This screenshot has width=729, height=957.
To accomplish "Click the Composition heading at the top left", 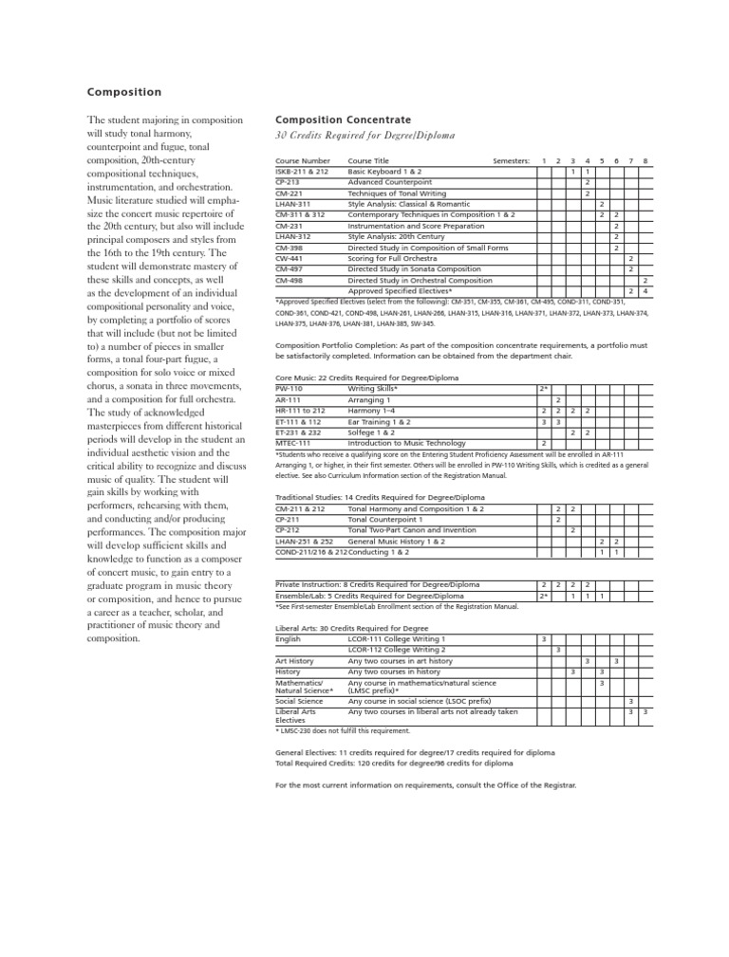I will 124,92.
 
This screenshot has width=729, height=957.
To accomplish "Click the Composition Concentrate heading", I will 343,120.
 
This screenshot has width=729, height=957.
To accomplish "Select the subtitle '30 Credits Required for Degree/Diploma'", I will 364,136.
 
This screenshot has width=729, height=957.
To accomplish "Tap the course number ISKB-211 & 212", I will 302,172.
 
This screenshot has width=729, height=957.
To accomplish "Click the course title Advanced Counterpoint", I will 389,181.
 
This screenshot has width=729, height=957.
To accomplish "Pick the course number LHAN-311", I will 292,204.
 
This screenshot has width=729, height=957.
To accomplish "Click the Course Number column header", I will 303,161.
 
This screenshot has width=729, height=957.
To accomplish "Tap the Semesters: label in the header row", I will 512,161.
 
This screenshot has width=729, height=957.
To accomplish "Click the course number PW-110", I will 289,389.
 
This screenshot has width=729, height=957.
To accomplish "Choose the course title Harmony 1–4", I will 373,411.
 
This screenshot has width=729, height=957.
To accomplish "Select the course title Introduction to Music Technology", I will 407,443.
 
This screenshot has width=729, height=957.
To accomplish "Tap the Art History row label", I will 294,660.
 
